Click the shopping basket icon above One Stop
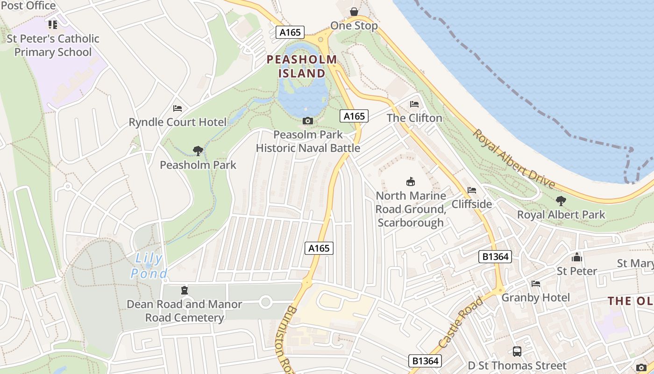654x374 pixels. [x=354, y=12]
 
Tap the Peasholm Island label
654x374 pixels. [x=302, y=66]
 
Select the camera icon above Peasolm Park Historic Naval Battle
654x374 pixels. [x=307, y=121]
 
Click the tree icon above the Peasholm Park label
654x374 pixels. [x=198, y=151]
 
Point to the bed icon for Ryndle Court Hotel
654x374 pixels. [x=178, y=108]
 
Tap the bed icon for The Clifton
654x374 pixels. [x=414, y=104]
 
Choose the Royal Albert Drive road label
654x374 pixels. [x=514, y=159]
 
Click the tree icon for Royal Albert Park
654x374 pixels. [x=561, y=201]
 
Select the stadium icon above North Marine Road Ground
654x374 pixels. [x=411, y=182]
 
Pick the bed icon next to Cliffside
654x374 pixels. [x=472, y=190]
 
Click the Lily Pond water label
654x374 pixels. [x=148, y=266]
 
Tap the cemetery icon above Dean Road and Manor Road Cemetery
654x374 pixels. [x=185, y=290]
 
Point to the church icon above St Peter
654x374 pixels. [x=577, y=258]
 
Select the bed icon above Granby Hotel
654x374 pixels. [x=536, y=284]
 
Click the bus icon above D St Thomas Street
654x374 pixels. [x=517, y=352]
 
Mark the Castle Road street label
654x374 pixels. [x=461, y=323]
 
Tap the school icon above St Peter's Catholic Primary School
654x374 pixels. [x=52, y=24]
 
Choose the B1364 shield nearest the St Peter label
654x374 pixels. [x=495, y=257]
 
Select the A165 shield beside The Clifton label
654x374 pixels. [x=354, y=116]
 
